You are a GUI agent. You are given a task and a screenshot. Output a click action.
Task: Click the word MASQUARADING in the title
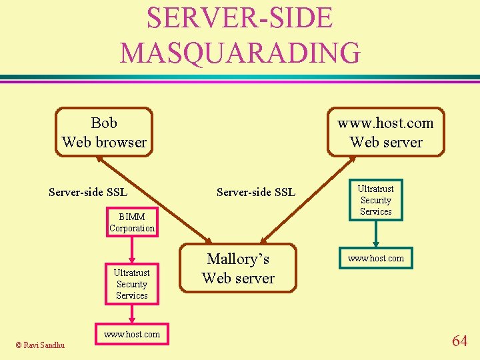(x=240, y=52)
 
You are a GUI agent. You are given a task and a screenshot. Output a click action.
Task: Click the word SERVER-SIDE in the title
(x=240, y=17)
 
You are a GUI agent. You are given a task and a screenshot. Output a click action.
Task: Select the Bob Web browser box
(x=104, y=132)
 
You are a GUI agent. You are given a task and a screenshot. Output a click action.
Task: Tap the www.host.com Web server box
(x=386, y=132)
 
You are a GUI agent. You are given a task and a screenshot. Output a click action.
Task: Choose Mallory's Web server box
(x=238, y=268)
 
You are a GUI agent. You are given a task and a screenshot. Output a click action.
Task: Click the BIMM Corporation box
(x=132, y=222)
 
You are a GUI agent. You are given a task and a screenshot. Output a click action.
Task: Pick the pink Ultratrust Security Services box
(x=131, y=284)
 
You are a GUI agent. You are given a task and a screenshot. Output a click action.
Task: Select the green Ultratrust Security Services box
(x=376, y=200)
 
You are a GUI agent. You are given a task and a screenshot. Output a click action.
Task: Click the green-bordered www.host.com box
(x=376, y=257)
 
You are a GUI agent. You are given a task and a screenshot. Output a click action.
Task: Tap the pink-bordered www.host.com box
(x=131, y=335)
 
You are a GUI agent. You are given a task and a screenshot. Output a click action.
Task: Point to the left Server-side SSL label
(x=88, y=193)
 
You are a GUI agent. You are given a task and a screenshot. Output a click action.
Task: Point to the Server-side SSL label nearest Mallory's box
(x=256, y=193)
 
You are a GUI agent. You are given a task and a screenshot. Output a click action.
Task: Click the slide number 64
(x=459, y=341)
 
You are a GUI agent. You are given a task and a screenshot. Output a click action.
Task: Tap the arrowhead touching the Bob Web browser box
(x=99, y=159)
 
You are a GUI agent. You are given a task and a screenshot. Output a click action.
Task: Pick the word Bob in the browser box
(x=104, y=123)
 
